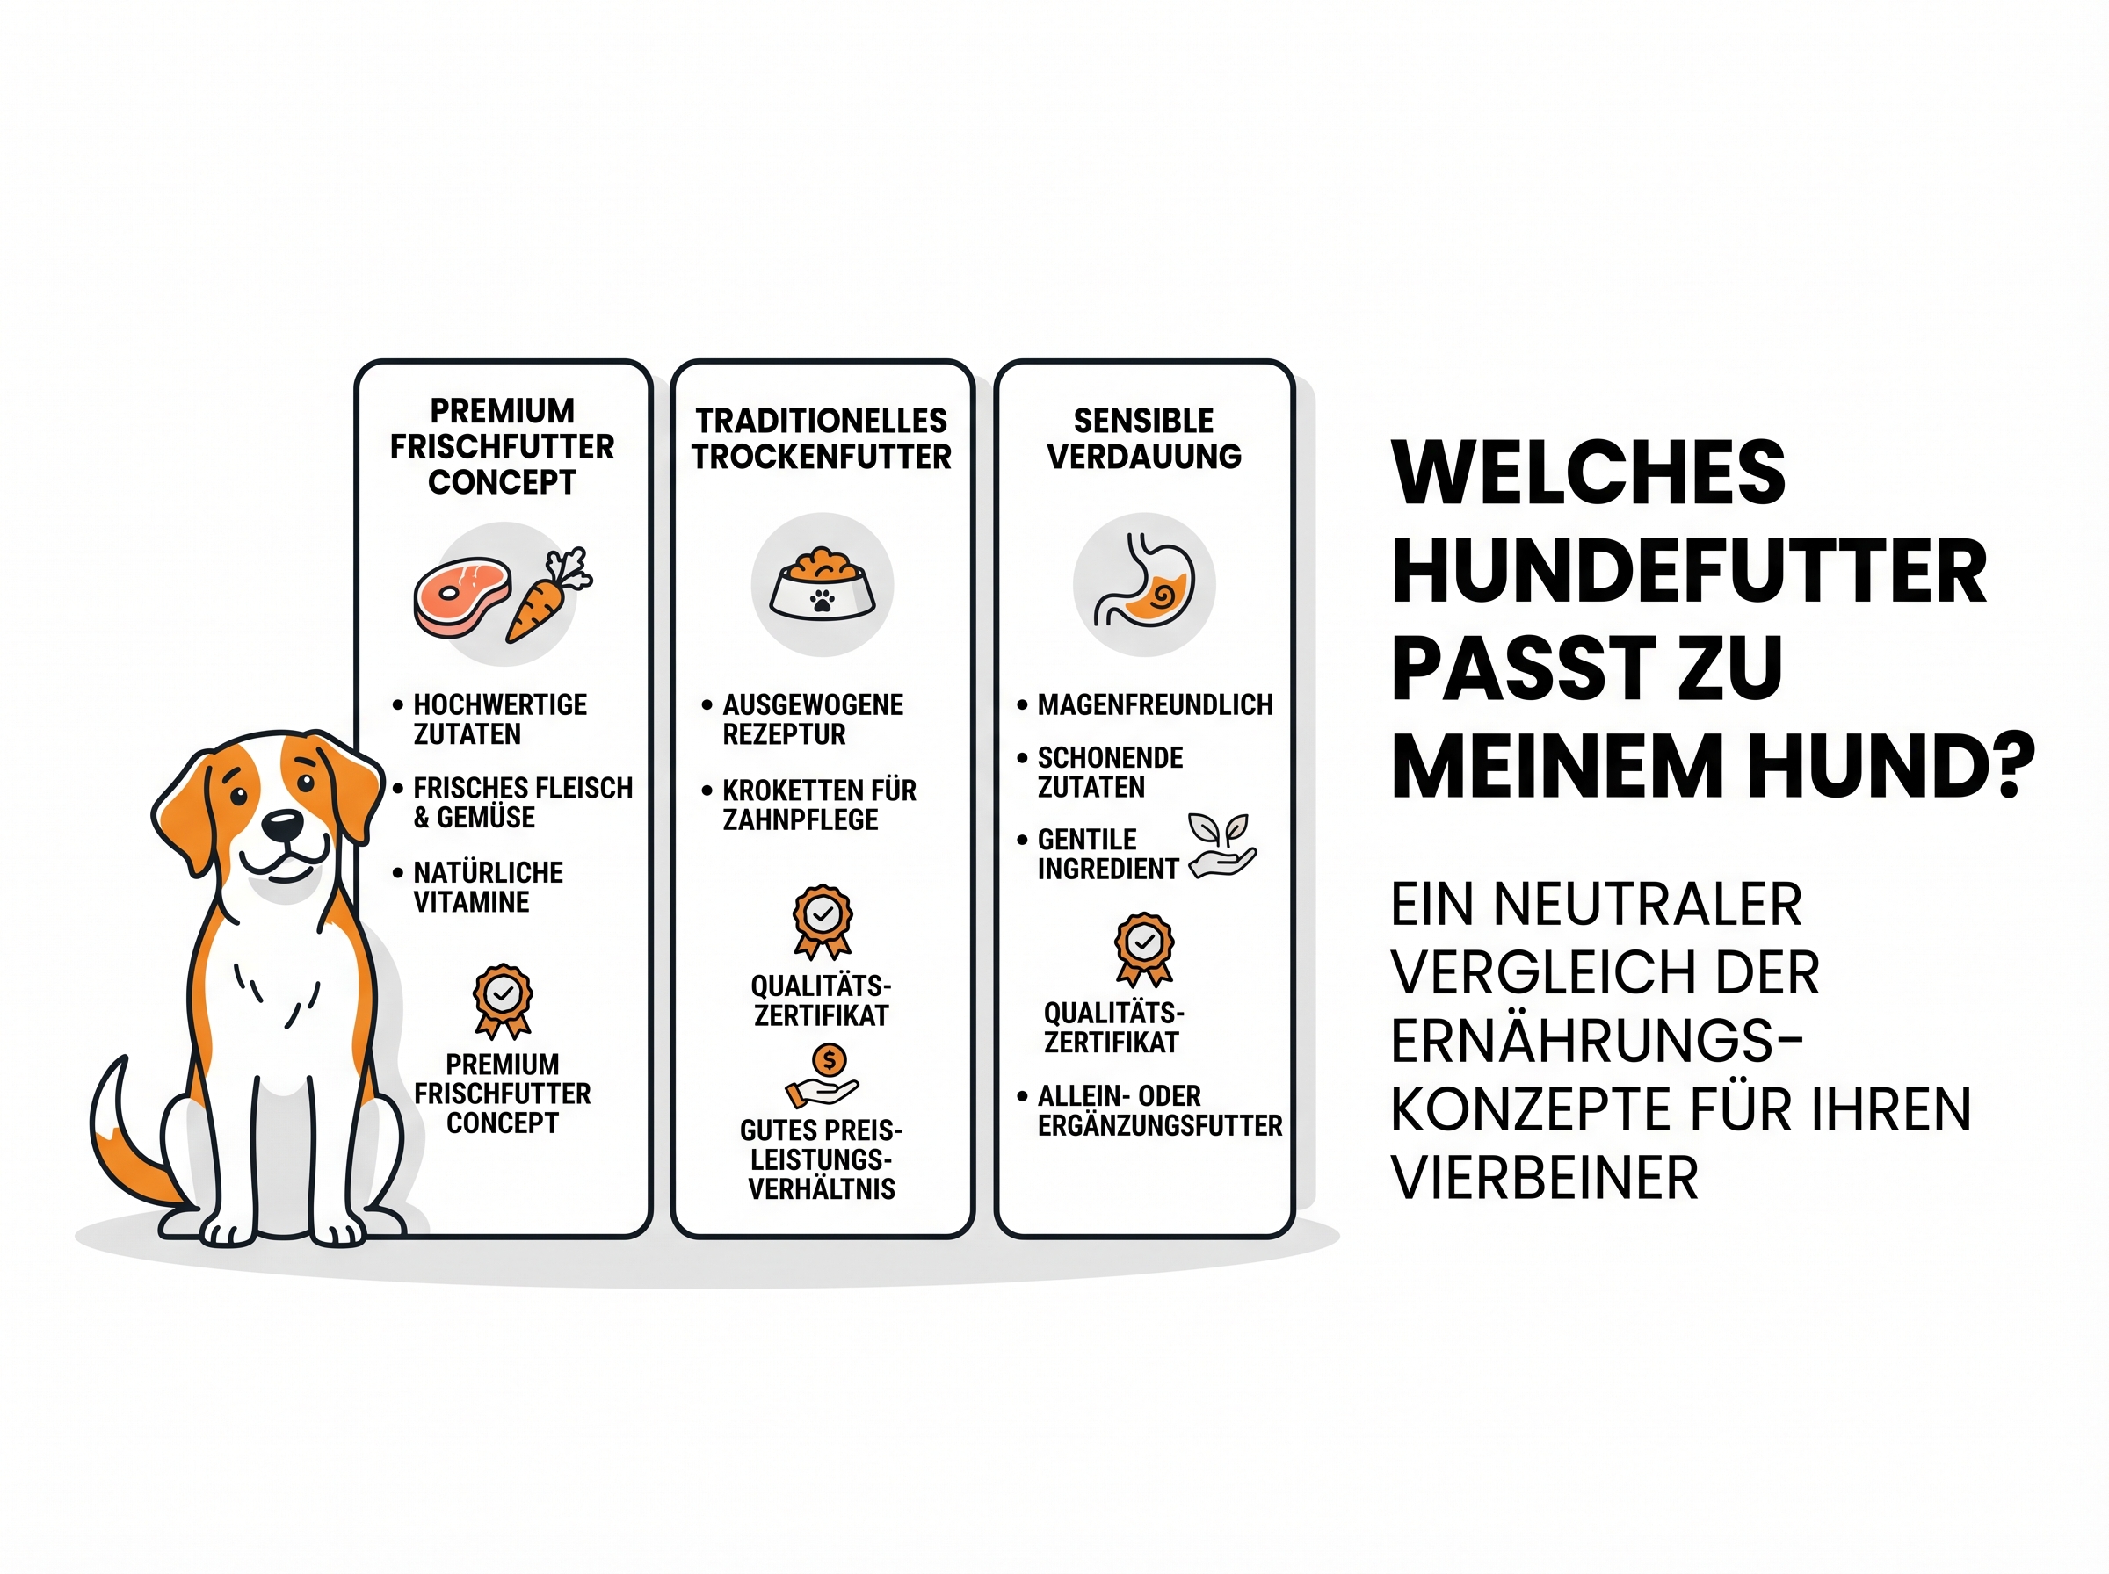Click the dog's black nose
[x=282, y=825]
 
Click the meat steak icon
[x=460, y=597]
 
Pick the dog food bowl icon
[x=822, y=585]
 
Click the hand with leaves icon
[x=1222, y=845]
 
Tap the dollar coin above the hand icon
[x=828, y=1059]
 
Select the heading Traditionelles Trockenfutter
[x=822, y=438]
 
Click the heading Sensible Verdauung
[x=1143, y=438]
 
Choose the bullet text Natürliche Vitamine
[x=487, y=887]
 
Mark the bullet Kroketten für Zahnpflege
[x=818, y=805]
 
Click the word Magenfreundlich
[x=1154, y=704]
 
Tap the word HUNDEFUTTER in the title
[x=1689, y=571]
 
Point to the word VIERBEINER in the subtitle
[x=1544, y=1178]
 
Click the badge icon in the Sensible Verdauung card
[x=1143, y=948]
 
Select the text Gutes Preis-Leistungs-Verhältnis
[x=822, y=1159]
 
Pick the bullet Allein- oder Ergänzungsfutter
[x=1159, y=1110]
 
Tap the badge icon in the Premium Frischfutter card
[x=503, y=1000]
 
